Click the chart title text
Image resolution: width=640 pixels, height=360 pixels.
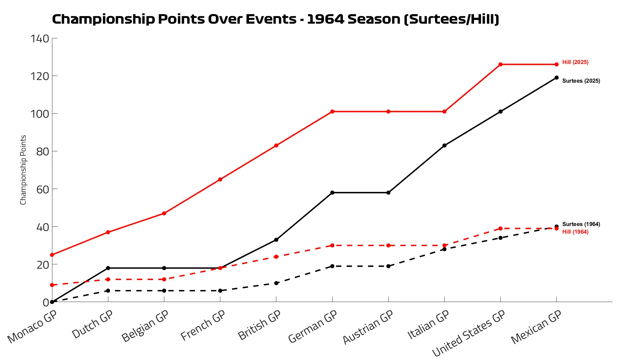275,19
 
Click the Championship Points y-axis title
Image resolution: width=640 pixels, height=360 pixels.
23,170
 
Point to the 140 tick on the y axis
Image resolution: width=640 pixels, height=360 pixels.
40,39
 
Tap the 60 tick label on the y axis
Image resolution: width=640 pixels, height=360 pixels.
43,189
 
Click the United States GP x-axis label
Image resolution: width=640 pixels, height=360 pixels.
469,333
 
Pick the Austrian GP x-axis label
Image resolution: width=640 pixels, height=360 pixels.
368,327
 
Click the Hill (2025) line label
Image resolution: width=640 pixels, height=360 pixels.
575,62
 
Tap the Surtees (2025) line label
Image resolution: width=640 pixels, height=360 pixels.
581,81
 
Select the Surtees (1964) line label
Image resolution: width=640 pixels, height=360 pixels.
581,224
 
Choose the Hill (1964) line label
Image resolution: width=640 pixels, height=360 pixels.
575,232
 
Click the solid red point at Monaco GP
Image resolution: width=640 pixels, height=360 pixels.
52,255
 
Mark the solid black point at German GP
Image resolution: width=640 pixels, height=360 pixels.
332,193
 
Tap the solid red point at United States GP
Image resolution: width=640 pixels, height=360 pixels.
500,64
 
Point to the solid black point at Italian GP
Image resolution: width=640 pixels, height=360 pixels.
444,146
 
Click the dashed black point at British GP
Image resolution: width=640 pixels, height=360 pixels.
276,283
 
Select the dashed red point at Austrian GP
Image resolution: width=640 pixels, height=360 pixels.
388,246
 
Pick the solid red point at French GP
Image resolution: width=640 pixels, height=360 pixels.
220,180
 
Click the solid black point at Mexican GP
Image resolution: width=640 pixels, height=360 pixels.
556,78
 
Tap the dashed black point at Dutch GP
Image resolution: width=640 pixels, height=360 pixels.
108,291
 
